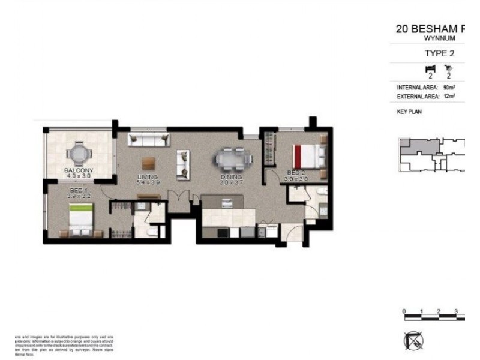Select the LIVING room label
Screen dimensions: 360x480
147,177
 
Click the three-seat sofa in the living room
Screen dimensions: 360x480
147,140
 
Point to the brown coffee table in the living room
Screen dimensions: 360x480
148,162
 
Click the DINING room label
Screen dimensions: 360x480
231,177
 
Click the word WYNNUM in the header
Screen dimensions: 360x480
439,38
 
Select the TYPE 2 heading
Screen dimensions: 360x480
439,53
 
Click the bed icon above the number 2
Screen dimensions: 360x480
429,68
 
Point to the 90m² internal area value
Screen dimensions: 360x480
449,87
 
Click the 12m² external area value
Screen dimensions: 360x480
449,95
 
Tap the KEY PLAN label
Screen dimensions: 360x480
409,112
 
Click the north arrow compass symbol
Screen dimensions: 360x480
413,341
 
